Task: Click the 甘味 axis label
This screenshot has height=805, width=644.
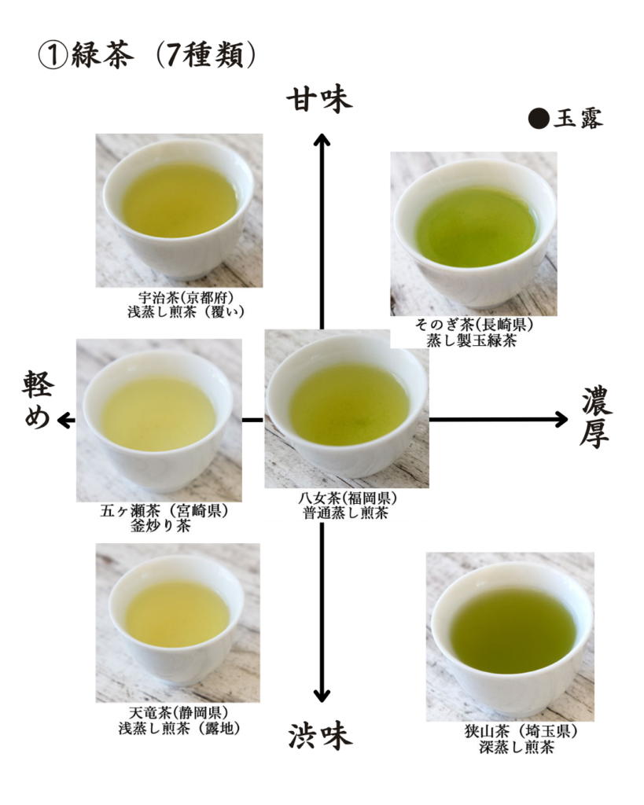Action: [x=319, y=100]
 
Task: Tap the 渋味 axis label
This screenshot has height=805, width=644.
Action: [x=320, y=736]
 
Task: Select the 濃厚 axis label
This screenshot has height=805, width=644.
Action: [x=596, y=417]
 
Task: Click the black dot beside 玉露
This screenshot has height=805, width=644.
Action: [x=539, y=118]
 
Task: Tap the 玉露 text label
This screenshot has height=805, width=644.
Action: [x=578, y=119]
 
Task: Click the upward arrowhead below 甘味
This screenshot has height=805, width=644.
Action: [x=322, y=140]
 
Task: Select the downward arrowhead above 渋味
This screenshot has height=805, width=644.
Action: [x=322, y=695]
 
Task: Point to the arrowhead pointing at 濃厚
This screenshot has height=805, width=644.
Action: [x=561, y=420]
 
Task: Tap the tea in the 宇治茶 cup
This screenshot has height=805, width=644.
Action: [x=180, y=200]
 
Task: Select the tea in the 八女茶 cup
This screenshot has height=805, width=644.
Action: [x=349, y=404]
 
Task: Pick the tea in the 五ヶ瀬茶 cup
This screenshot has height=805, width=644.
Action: [x=158, y=414]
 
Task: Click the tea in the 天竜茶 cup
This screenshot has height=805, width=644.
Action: [x=177, y=614]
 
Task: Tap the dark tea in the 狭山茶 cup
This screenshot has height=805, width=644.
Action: [x=513, y=631]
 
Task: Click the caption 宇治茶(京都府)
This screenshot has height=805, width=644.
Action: [x=186, y=297]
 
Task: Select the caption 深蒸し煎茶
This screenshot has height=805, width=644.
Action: [x=517, y=747]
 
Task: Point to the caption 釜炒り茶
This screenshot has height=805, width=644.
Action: [x=160, y=526]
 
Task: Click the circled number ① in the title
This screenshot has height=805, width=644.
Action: [x=53, y=56]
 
